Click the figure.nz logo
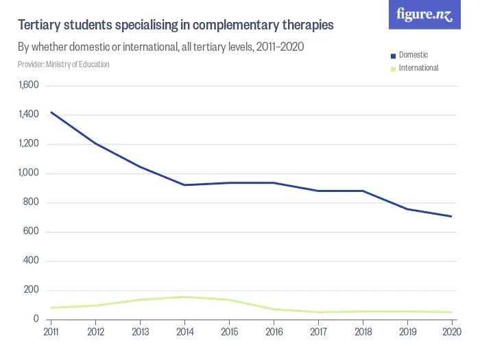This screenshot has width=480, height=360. point(424,15)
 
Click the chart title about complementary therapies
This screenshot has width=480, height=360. point(176,25)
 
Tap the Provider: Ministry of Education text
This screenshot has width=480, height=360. point(64,64)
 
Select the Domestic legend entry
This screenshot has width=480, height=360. point(413,55)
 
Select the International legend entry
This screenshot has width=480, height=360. point(418,68)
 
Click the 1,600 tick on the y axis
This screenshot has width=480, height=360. point(29,86)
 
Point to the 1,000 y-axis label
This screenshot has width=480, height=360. point(29,173)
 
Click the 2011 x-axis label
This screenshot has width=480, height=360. point(51,332)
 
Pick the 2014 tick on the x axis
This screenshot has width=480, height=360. point(184,332)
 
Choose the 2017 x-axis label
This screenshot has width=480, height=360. point(318,332)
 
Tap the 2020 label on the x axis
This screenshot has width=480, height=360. point(451,332)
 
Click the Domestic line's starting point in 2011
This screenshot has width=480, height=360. point(51,112)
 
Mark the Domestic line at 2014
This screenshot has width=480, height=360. point(184,185)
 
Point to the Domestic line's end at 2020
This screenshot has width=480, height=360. point(451,217)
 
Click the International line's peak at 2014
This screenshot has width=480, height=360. point(184,297)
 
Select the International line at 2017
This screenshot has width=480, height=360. point(318,312)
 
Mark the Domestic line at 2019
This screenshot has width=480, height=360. point(407,209)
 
